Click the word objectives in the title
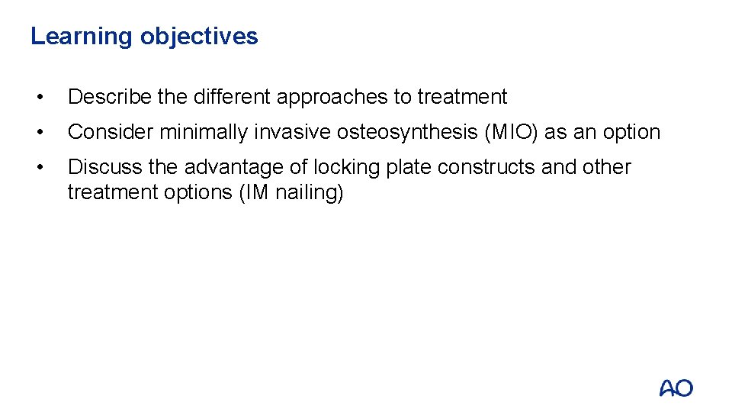click(x=199, y=37)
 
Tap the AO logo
click(x=676, y=388)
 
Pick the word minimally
click(x=204, y=132)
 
